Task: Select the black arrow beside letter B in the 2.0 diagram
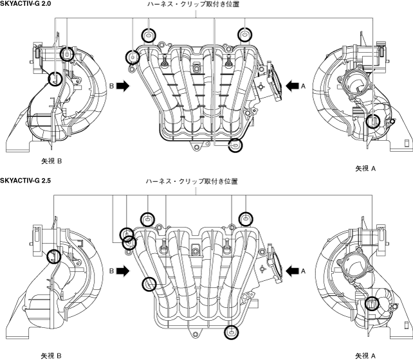tap(123, 85)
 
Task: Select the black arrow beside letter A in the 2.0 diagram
tap(292, 85)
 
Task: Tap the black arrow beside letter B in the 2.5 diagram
tap(123, 271)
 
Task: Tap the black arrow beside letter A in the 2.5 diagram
tap(292, 271)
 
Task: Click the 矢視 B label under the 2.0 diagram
tap(51, 161)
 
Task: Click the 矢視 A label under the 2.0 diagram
tap(365, 168)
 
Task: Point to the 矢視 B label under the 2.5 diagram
tap(51, 356)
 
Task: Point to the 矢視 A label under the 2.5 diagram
tap(365, 356)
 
